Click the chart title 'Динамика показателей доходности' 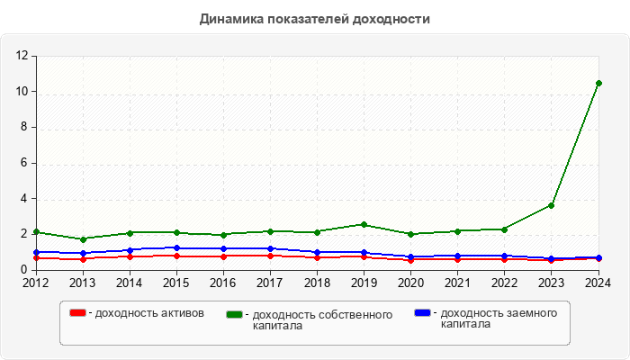click(315, 19)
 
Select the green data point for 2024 click(598, 83)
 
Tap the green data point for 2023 click(552, 205)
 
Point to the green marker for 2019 click(364, 224)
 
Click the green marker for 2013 click(83, 239)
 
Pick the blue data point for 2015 click(176, 247)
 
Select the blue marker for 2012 click(36, 252)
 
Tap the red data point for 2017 click(270, 256)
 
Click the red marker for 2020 click(410, 260)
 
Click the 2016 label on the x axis click(223, 283)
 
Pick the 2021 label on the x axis click(457, 283)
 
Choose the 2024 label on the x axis click(598, 283)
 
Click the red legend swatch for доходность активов click(77, 313)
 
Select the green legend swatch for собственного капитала click(235, 315)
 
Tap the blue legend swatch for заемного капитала click(422, 313)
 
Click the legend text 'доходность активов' click(148, 313)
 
